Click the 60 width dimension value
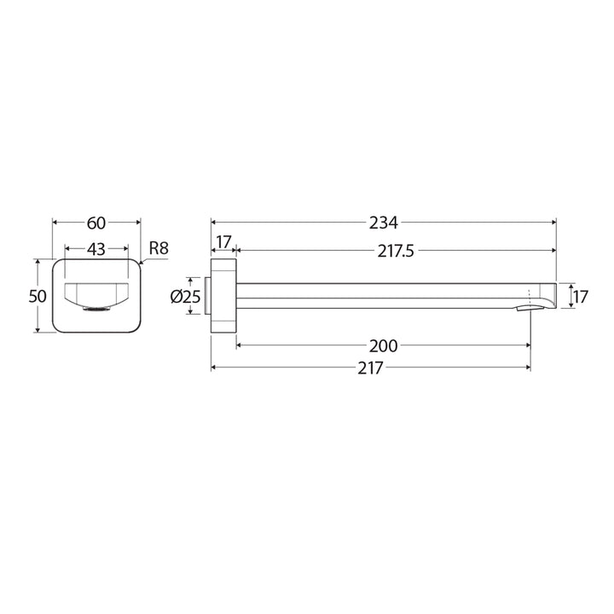click(x=96, y=223)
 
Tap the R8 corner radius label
click(x=159, y=248)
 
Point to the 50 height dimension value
click(x=37, y=296)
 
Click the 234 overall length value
click(x=384, y=223)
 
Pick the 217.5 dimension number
click(x=396, y=251)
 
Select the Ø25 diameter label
click(x=185, y=297)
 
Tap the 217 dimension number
click(x=371, y=368)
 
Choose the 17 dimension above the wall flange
click(x=223, y=243)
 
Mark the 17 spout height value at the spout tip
click(x=580, y=297)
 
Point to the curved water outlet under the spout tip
click(x=524, y=307)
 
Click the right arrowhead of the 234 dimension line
click(x=553, y=223)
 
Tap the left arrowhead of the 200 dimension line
click(x=240, y=345)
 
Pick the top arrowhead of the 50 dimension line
click(x=38, y=262)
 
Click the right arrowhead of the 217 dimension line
click(x=527, y=368)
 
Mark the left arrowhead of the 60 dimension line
click(x=56, y=223)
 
